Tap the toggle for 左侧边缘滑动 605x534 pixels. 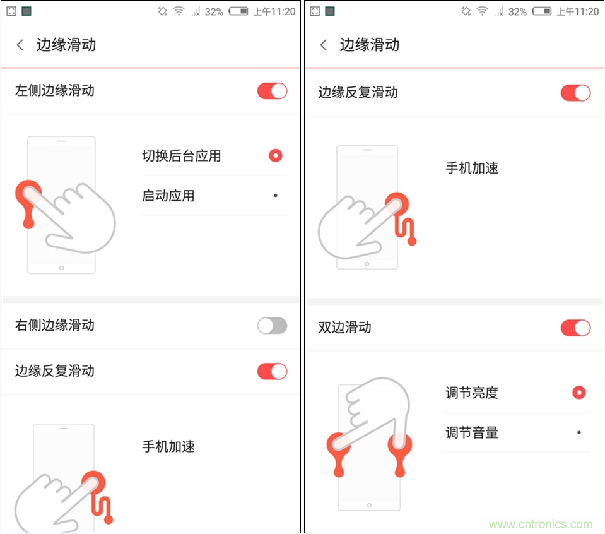272,91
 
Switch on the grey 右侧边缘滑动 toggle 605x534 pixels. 272,326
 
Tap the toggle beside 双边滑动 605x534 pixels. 575,328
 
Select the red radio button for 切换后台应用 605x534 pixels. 275,156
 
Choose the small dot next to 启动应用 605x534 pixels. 275,196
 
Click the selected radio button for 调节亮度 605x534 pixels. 579,393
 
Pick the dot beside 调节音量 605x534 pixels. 579,432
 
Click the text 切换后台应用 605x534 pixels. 181,156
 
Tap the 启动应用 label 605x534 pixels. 168,196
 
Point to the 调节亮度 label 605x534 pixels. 471,393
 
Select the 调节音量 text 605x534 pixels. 471,432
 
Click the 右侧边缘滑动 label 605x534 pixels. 54,325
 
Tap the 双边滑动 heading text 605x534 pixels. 344,328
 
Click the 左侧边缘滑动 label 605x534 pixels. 54,90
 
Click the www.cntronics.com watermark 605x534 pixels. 541,525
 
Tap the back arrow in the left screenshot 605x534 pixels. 20,45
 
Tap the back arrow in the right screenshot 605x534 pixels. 324,45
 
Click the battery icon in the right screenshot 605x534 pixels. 541,11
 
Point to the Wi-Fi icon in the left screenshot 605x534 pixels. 179,11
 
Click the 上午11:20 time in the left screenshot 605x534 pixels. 274,11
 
